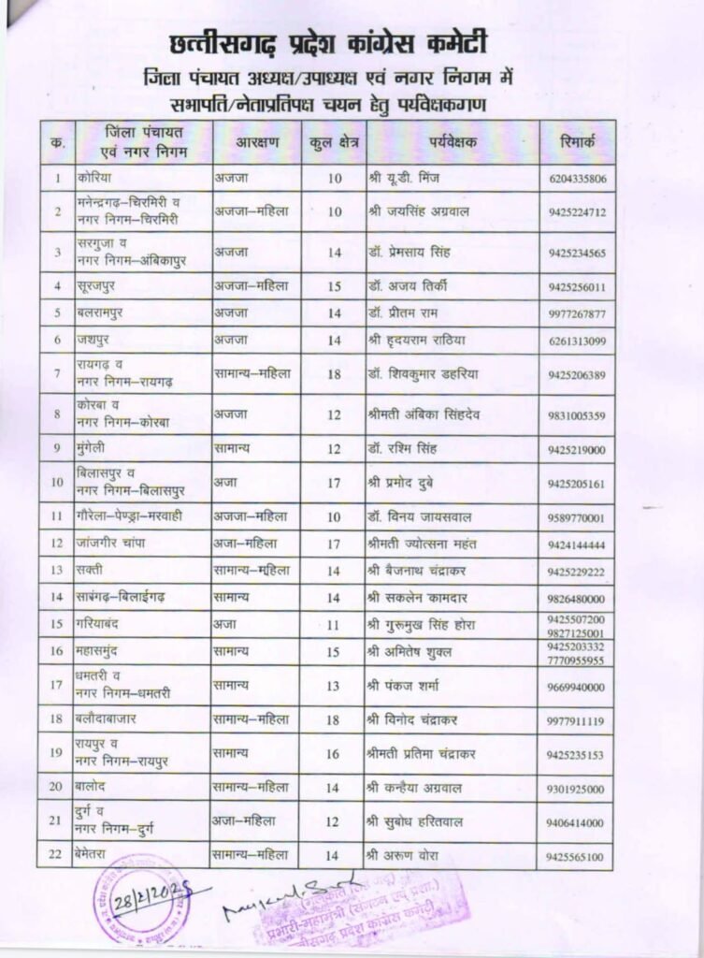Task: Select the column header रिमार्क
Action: point(577,143)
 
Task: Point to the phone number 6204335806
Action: point(577,179)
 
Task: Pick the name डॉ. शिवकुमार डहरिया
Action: point(424,373)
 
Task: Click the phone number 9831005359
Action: point(577,414)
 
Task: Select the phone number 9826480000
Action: point(577,598)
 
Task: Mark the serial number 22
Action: point(58,854)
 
